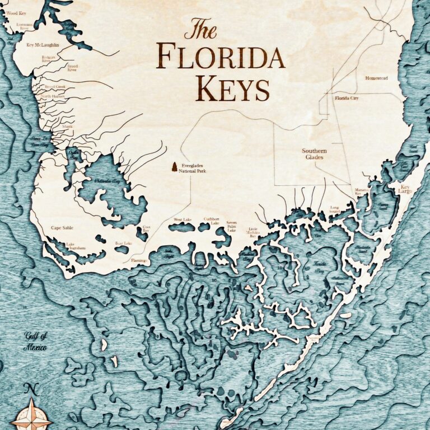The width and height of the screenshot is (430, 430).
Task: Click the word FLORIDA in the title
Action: (220, 56)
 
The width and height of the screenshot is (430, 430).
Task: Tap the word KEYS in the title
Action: (232, 88)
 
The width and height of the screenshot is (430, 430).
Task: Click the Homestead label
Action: (376, 78)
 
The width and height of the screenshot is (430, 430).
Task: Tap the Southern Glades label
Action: (315, 154)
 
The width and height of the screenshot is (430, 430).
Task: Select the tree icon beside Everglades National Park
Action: (174, 166)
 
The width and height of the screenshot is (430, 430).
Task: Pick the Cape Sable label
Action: (62, 228)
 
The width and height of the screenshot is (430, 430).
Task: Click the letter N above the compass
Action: (32, 390)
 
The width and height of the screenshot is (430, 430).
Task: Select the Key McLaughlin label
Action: (43, 45)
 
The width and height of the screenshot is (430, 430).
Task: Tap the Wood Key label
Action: (16, 12)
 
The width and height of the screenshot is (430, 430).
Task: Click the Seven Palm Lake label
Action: (231, 226)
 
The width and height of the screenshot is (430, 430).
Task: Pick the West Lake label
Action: (183, 219)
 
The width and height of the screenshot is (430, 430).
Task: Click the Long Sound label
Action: (334, 209)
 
